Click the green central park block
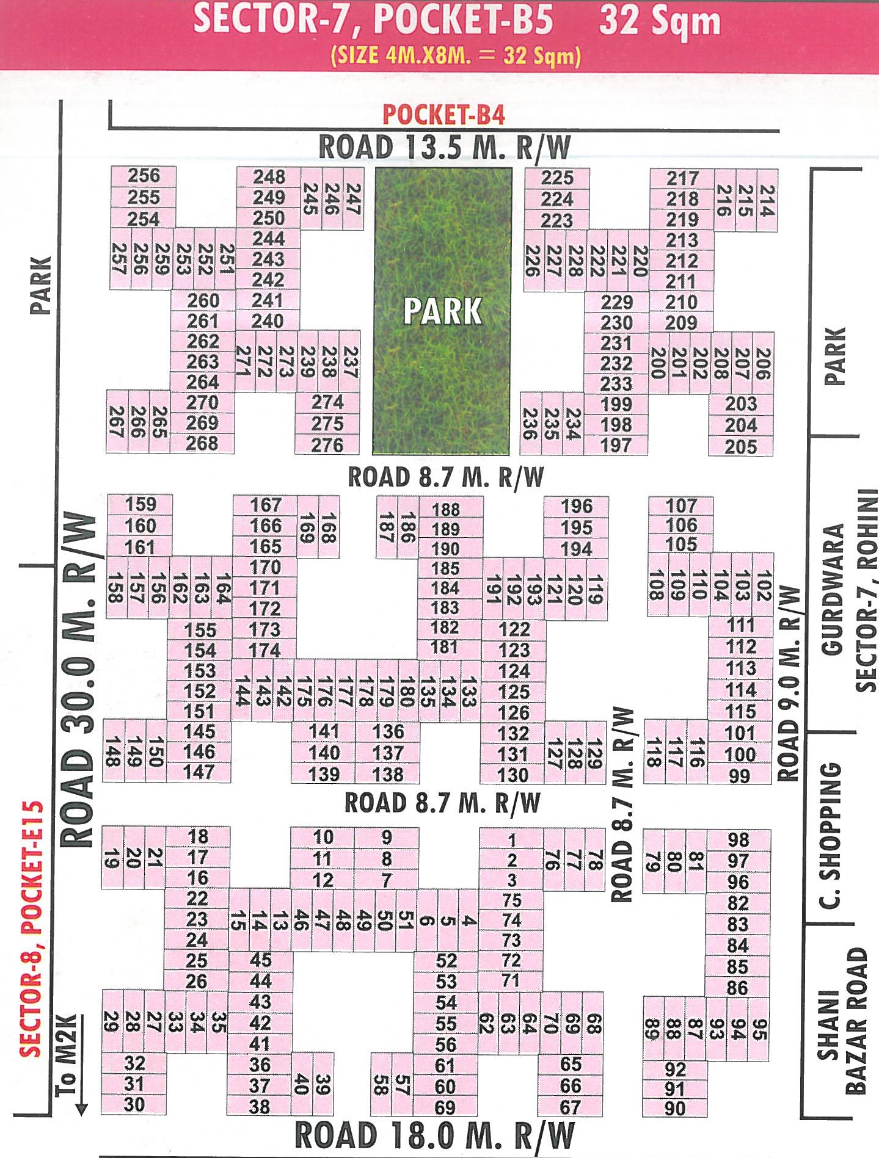[442, 311]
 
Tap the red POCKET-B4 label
[444, 115]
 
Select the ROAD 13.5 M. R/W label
[445, 148]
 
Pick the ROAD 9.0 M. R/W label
[789, 684]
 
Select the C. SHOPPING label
[830, 834]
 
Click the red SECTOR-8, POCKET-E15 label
[31, 928]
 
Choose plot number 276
[327, 445]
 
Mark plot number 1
[512, 840]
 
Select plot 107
[681, 505]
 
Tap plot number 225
[557, 178]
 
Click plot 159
[140, 504]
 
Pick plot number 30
[134, 1104]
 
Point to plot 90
[674, 1108]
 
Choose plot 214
[767, 200]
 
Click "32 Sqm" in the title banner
[660, 21]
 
